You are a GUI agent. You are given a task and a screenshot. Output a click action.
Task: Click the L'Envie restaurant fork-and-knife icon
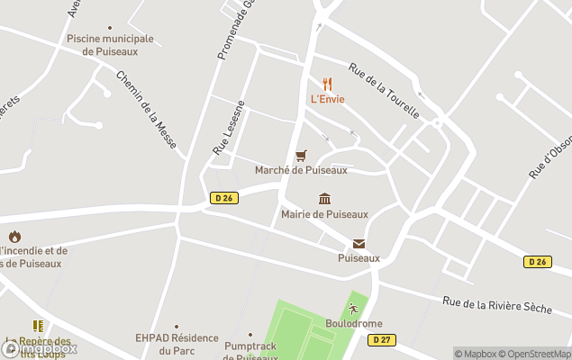327,84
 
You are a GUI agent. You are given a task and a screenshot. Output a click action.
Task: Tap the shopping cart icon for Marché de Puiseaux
301,156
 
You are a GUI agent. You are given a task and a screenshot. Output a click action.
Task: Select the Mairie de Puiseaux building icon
324,199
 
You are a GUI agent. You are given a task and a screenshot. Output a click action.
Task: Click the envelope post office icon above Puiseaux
359,243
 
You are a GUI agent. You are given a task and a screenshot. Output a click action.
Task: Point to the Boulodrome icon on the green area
354,309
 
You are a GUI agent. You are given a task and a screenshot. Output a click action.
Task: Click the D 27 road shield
380,339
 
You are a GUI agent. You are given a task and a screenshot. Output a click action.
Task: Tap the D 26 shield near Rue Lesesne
225,198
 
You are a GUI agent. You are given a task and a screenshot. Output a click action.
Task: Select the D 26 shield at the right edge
538,261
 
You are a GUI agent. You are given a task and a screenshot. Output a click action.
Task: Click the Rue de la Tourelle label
384,91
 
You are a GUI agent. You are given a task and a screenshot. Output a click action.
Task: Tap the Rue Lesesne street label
229,127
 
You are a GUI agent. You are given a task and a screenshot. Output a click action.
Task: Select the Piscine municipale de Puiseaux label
110,45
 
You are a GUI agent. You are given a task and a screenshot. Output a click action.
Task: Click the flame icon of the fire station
14,237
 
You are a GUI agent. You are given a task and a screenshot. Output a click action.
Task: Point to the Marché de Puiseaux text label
301,170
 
